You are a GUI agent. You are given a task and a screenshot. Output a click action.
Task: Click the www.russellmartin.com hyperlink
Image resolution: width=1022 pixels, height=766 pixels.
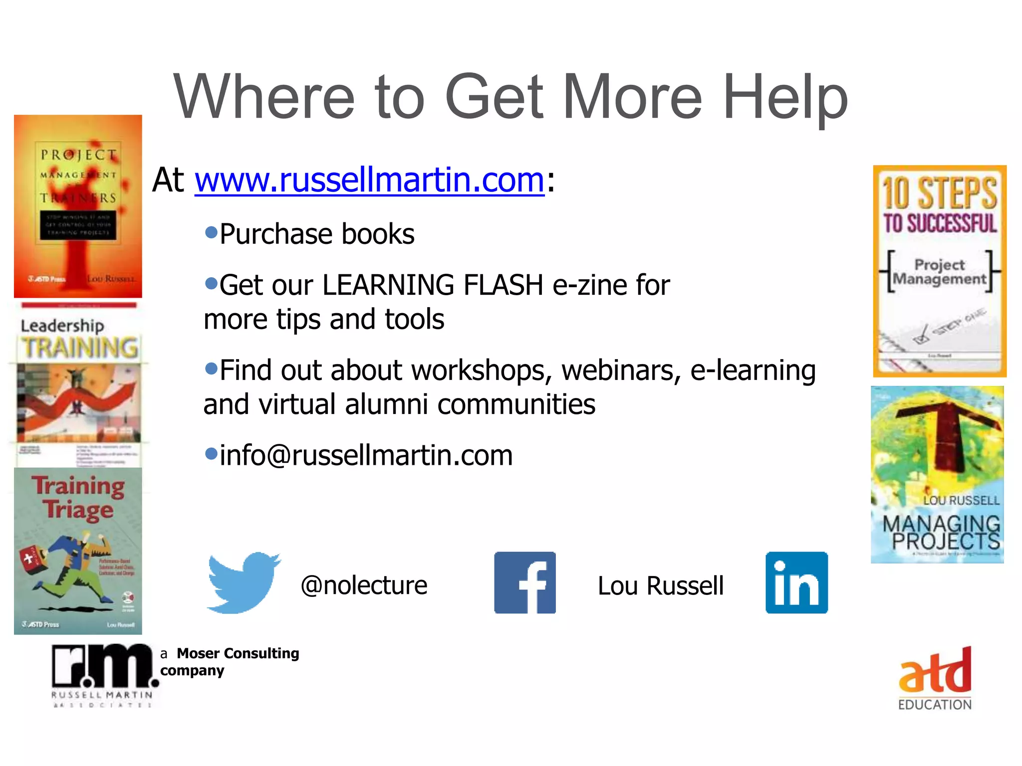[369, 180]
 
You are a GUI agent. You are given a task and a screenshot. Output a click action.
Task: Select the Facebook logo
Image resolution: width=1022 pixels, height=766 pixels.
[525, 582]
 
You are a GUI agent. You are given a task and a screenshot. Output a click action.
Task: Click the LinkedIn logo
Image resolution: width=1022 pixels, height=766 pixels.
[796, 582]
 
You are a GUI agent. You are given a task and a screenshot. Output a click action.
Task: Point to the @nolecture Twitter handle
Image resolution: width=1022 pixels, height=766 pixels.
[364, 585]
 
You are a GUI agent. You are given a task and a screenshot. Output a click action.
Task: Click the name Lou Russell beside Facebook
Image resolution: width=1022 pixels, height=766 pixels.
[660, 585]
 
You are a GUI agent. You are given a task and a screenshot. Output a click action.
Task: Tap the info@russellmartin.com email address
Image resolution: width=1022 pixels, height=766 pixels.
[366, 455]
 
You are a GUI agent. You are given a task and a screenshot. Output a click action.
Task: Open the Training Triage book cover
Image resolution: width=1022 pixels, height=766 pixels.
[78, 551]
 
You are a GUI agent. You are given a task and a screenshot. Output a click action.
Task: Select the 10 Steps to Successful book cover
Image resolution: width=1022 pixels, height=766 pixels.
[940, 271]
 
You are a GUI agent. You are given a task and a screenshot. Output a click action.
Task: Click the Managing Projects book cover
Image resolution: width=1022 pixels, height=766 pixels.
[937, 475]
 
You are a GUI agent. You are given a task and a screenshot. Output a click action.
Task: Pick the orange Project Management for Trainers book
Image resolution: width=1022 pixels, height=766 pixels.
[78, 206]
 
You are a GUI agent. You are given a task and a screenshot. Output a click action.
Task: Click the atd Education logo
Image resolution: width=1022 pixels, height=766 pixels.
[935, 678]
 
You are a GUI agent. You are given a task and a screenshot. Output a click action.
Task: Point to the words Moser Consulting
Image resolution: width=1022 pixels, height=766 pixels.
[238, 653]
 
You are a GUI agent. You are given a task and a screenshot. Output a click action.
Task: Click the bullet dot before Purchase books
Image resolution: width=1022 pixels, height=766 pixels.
[212, 232]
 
